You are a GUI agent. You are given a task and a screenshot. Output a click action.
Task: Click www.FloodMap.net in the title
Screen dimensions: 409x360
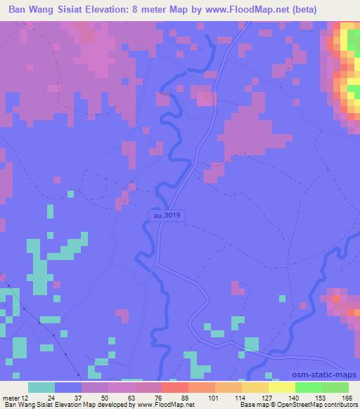point(254,10)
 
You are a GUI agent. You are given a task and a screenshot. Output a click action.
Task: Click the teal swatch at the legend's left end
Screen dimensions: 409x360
point(41,387)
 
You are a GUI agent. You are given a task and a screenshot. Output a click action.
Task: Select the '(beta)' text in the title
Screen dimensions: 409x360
point(302,10)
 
